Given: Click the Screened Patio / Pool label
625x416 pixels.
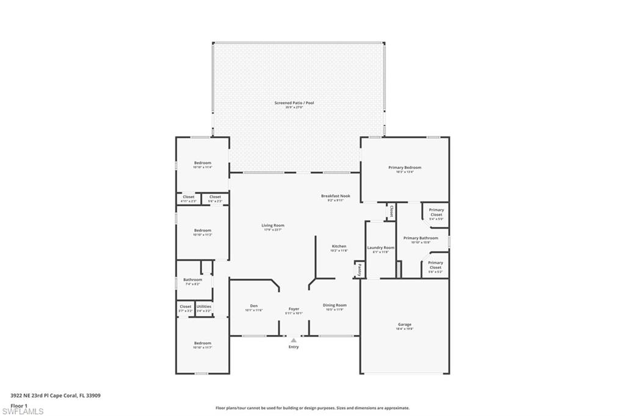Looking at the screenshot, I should (x=294, y=103).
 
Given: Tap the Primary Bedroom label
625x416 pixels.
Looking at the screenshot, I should (x=405, y=167).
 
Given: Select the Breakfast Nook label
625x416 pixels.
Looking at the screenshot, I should (x=336, y=196).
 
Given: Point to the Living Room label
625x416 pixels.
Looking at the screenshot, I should (x=273, y=225).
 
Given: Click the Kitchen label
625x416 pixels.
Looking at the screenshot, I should (x=339, y=246).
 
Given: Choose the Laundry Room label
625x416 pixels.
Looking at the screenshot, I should (x=381, y=248).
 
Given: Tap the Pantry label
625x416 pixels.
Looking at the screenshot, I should (x=359, y=269).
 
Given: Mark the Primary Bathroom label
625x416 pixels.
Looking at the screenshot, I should (x=421, y=238).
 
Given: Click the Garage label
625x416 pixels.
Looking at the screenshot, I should (x=405, y=325).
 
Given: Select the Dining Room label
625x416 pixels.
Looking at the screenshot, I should (x=334, y=305).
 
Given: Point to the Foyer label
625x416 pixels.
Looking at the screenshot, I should (x=294, y=309).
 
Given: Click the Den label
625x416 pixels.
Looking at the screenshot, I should (x=253, y=306).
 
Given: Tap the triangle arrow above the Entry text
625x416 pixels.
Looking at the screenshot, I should (x=294, y=339).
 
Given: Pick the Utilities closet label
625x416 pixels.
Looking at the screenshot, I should (x=204, y=306).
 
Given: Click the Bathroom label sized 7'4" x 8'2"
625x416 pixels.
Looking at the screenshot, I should (x=192, y=279).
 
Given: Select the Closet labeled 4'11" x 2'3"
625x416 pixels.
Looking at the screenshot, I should (x=189, y=197).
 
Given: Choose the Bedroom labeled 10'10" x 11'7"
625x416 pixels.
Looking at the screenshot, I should (x=203, y=343).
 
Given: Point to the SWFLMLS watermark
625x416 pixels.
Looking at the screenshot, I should (x=23, y=411).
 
